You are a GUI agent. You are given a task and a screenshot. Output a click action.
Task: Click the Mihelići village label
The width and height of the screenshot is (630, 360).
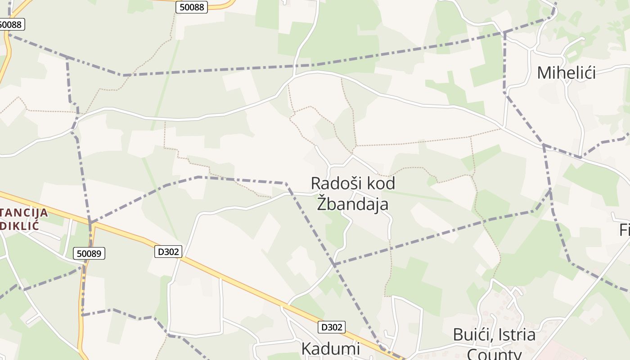tap(566, 72)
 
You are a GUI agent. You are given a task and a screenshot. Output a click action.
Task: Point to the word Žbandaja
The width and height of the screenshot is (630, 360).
tap(353, 204)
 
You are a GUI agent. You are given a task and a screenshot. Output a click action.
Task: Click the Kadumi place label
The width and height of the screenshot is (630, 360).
tap(330, 349)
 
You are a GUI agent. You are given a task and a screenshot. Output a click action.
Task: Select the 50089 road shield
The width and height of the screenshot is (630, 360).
tap(89, 254)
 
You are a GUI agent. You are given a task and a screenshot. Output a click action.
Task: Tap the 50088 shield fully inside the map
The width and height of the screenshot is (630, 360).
tap(191, 7)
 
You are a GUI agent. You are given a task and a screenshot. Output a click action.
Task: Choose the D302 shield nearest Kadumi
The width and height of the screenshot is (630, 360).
tap(332, 327)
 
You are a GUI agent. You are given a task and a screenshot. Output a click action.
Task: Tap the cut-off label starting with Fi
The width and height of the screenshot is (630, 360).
tap(624, 230)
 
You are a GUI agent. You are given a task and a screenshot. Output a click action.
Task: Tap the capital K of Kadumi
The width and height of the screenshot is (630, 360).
tap(306, 349)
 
